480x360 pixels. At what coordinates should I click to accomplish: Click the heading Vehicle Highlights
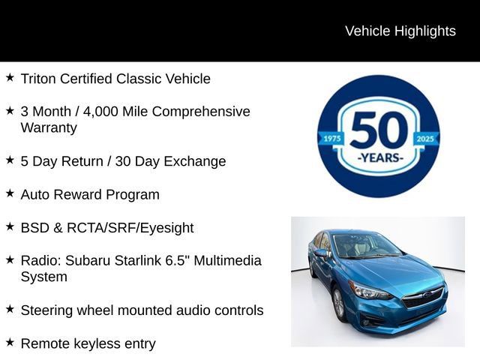(400, 31)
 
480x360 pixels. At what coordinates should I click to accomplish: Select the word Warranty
(49, 127)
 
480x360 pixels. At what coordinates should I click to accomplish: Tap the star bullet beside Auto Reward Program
(10, 193)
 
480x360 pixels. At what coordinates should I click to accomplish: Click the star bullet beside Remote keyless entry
(10, 343)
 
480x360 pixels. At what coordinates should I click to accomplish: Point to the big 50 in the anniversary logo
(378, 130)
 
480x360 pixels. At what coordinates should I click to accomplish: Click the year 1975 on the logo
(331, 138)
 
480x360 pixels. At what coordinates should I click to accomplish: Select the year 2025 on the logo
(425, 138)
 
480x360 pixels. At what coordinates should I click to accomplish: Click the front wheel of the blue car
(338, 303)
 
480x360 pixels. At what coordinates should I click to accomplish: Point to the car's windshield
(365, 245)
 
